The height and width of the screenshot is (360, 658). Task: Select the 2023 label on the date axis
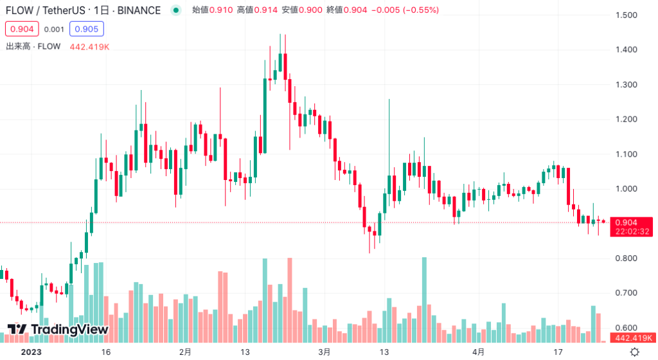pos(31,352)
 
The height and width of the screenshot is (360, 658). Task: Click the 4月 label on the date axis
pos(477,352)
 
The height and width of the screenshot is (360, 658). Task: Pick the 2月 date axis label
pos(185,352)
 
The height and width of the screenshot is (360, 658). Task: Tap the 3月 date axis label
pos(325,352)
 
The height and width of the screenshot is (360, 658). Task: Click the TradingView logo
pos(58,330)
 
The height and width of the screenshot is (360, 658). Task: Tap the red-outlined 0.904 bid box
pos(22,29)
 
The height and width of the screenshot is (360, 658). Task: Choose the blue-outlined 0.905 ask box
pos(87,29)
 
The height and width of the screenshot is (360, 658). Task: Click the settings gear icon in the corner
pos(634,352)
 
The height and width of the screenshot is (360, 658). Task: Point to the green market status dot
pos(176,10)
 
